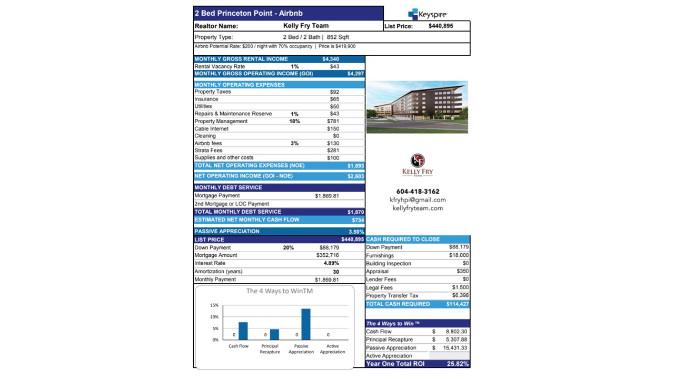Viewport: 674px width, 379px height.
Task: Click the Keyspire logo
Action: pos(427,14)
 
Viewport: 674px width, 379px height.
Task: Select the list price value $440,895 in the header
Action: pos(441,26)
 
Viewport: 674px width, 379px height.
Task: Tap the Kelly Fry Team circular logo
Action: pos(417,161)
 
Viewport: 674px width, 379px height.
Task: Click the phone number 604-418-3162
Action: pos(418,192)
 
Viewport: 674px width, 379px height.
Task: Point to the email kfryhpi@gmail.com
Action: pos(418,200)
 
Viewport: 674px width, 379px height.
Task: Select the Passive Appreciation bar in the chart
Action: pos(305,324)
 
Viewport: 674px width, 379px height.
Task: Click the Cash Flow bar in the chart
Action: pos(243,331)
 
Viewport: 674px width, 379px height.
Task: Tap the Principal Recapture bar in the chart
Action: pos(274,335)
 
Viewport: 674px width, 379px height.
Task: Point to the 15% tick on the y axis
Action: pos(214,305)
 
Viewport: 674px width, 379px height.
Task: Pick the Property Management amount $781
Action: pos(333,121)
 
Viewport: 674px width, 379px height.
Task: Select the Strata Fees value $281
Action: pos(333,151)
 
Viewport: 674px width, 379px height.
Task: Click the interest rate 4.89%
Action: pos(331,263)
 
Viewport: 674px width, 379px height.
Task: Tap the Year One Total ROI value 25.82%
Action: pos(457,364)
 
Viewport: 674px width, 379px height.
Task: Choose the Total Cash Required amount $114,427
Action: pos(457,304)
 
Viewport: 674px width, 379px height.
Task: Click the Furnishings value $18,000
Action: pos(458,255)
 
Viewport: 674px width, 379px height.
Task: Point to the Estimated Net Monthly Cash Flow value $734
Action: pos(358,220)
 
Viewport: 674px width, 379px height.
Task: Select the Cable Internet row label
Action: pos(212,128)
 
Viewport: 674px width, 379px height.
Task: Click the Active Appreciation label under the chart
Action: pos(332,349)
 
